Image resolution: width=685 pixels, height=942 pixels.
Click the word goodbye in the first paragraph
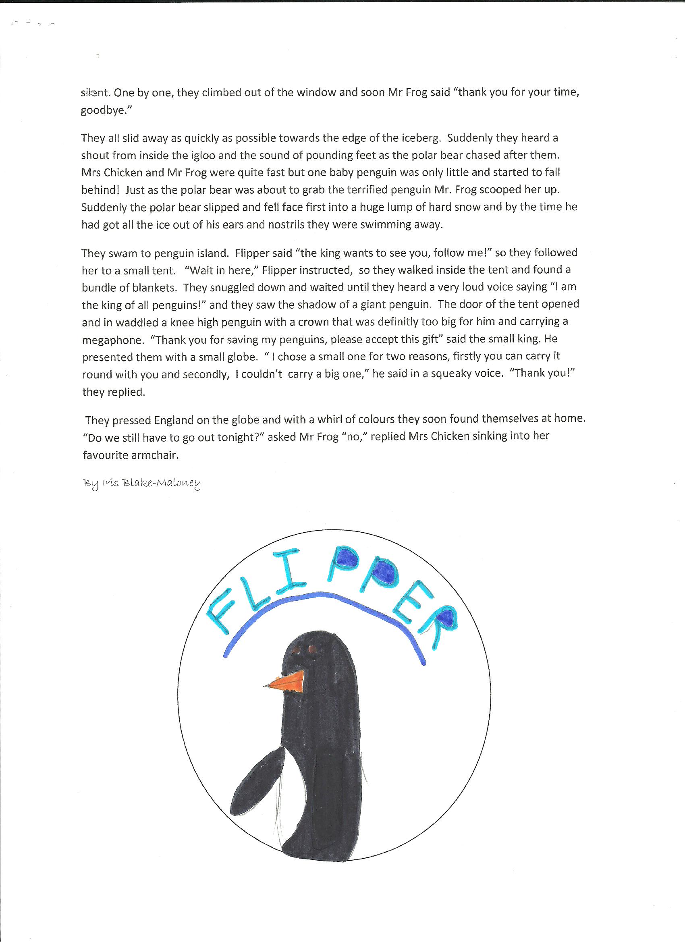[x=105, y=112]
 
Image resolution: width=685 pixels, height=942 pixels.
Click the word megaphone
[x=112, y=340]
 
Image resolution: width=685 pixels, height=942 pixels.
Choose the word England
[x=174, y=420]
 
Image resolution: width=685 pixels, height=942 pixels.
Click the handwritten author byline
[x=142, y=483]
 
